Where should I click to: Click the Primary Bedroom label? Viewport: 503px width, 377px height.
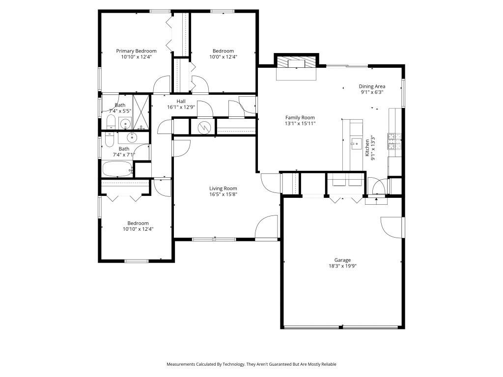pos(136,51)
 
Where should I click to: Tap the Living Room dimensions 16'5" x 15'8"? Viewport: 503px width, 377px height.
pos(223,194)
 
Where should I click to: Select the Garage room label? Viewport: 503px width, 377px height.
pos(342,260)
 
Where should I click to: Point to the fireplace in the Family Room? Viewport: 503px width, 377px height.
pos(296,63)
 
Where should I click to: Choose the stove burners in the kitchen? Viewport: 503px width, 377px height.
pos(394,141)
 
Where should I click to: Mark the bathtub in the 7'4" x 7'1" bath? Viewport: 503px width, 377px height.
pos(117,170)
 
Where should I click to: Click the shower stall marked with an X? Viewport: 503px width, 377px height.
pos(141,112)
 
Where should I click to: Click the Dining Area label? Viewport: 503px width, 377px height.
pos(372,86)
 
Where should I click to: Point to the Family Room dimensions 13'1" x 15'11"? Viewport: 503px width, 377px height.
pos(300,124)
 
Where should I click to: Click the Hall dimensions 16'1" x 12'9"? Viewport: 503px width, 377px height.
pos(181,107)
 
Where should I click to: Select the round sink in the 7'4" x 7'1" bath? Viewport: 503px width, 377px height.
pos(132,137)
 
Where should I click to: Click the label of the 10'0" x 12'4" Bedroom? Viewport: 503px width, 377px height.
pos(223,51)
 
